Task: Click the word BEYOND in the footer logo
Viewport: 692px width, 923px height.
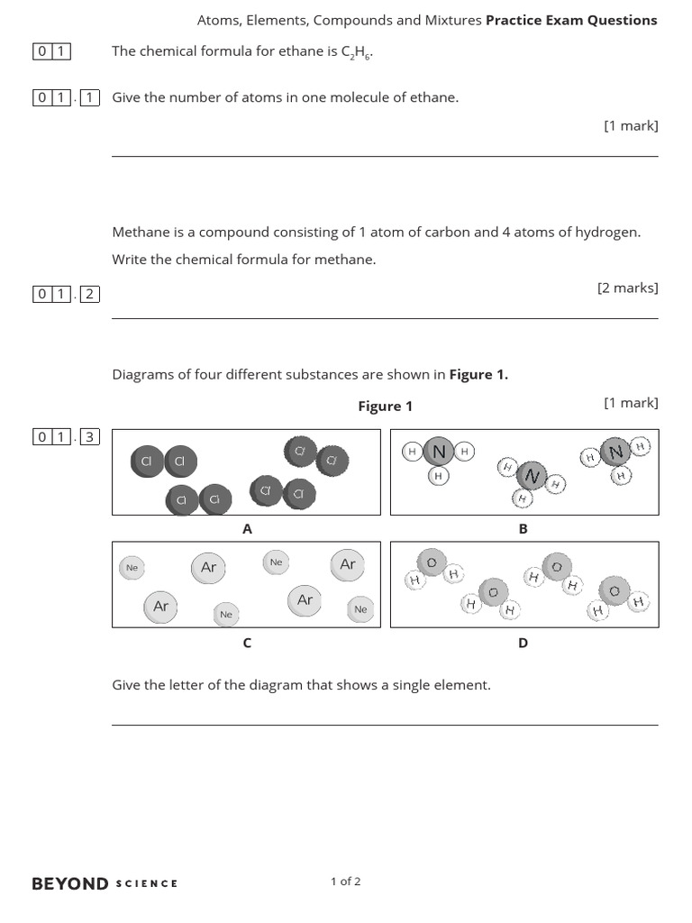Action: pyautogui.click(x=70, y=883)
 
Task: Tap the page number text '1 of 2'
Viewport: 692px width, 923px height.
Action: pyautogui.click(x=346, y=882)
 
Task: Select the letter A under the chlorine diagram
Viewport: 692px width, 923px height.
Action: pyautogui.click(x=247, y=529)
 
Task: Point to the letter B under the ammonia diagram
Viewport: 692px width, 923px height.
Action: pyautogui.click(x=523, y=529)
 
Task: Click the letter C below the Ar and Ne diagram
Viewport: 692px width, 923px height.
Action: pyautogui.click(x=247, y=643)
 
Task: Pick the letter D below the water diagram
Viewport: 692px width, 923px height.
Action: pyautogui.click(x=523, y=643)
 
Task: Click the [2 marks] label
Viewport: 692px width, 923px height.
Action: pyautogui.click(x=627, y=288)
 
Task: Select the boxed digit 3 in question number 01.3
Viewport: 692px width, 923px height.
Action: pyautogui.click(x=89, y=438)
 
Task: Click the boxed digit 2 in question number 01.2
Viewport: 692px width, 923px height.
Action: pyautogui.click(x=89, y=294)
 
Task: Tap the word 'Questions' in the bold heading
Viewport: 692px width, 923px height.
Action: pyautogui.click(x=622, y=20)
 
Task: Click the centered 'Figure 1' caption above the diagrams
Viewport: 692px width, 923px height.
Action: pyautogui.click(x=385, y=406)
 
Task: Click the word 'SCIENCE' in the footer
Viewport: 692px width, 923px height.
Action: pyautogui.click(x=147, y=883)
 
